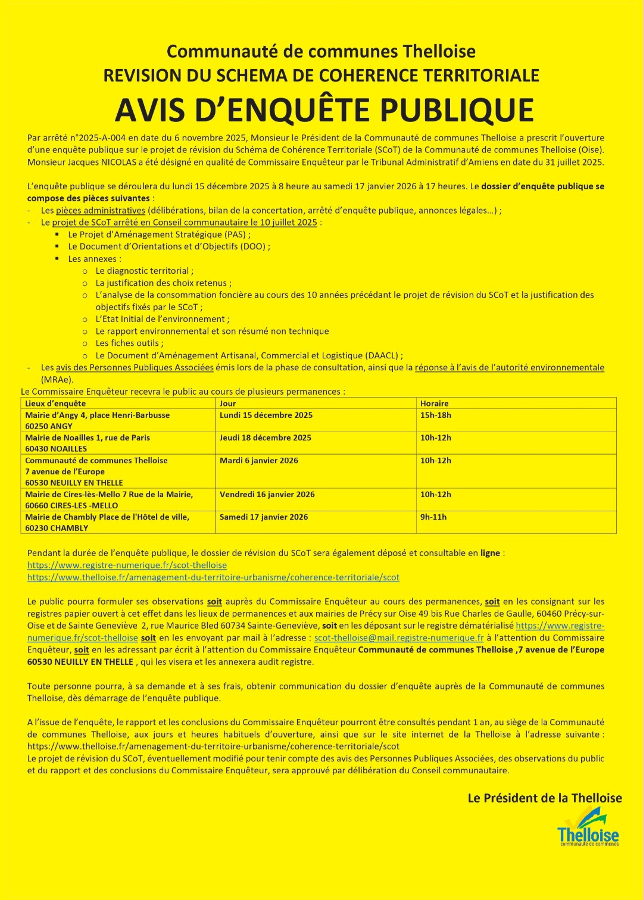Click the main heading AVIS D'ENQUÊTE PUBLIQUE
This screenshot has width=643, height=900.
point(324,110)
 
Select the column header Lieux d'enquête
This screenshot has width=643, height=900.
point(55,404)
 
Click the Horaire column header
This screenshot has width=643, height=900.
point(434,404)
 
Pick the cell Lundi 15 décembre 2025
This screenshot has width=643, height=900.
point(266,415)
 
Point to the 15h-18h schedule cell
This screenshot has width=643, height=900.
point(435,415)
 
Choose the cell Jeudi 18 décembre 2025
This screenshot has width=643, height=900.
point(265,438)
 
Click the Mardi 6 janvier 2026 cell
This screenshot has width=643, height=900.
point(258,461)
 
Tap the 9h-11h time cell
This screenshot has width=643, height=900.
point(433,517)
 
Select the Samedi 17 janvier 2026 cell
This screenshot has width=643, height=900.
point(263,517)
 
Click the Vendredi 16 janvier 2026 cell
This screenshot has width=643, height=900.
point(267,495)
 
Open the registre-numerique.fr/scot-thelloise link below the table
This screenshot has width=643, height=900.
point(127,565)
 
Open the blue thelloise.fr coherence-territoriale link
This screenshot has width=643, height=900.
point(213,577)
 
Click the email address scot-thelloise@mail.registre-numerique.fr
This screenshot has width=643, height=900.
point(398,638)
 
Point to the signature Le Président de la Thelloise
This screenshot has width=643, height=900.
point(544,798)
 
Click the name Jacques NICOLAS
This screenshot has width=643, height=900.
point(99,162)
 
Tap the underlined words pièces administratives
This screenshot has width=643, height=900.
point(101,211)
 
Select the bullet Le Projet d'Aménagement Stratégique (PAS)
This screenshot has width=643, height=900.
point(159,235)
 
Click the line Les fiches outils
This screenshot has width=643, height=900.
point(129,343)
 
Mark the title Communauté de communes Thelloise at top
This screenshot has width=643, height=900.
point(321,51)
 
